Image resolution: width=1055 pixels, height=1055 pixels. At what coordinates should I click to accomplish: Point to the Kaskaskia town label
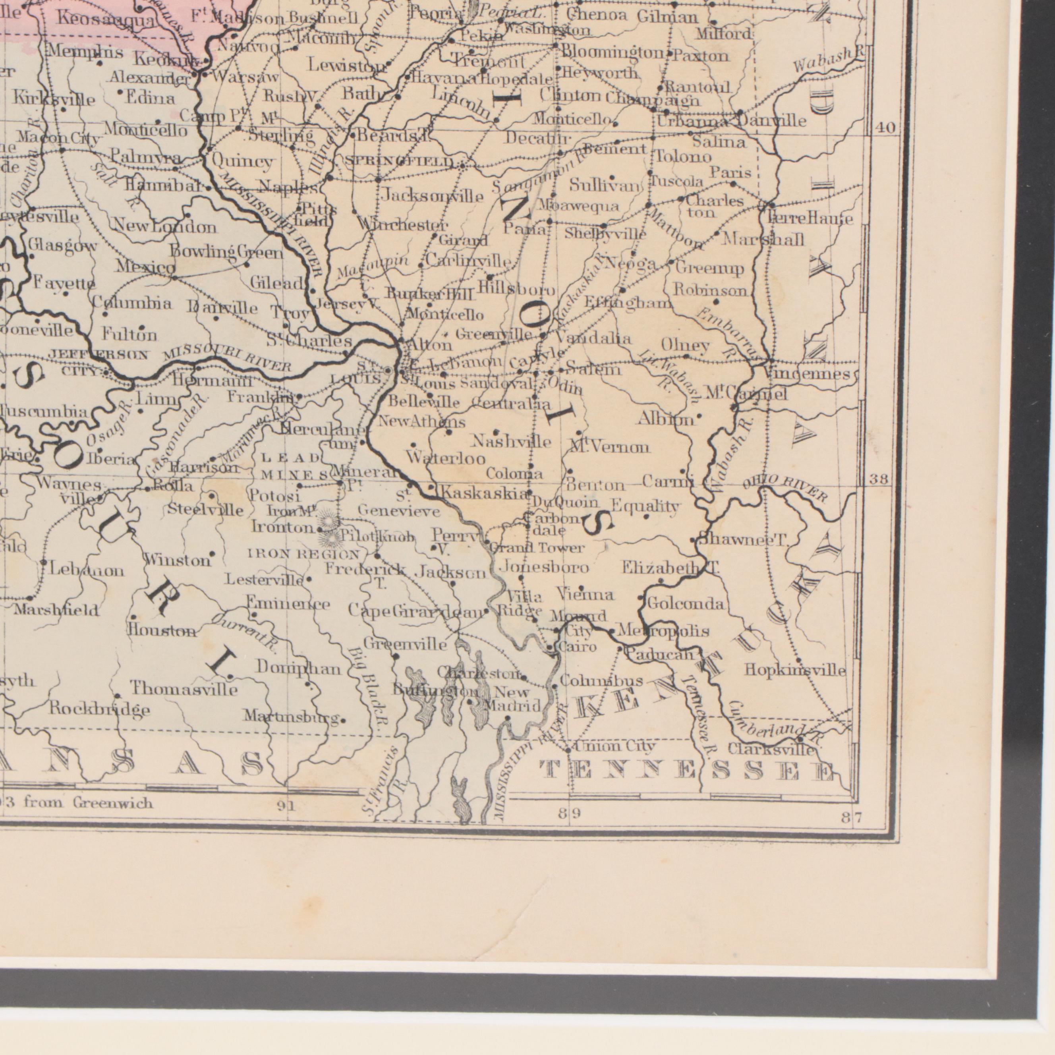(485, 493)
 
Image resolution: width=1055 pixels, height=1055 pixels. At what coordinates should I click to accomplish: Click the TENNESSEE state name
(687, 771)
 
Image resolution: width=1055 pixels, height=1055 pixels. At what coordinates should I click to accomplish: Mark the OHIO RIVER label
(785, 487)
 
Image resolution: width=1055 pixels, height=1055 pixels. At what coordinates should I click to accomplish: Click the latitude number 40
(885, 128)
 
